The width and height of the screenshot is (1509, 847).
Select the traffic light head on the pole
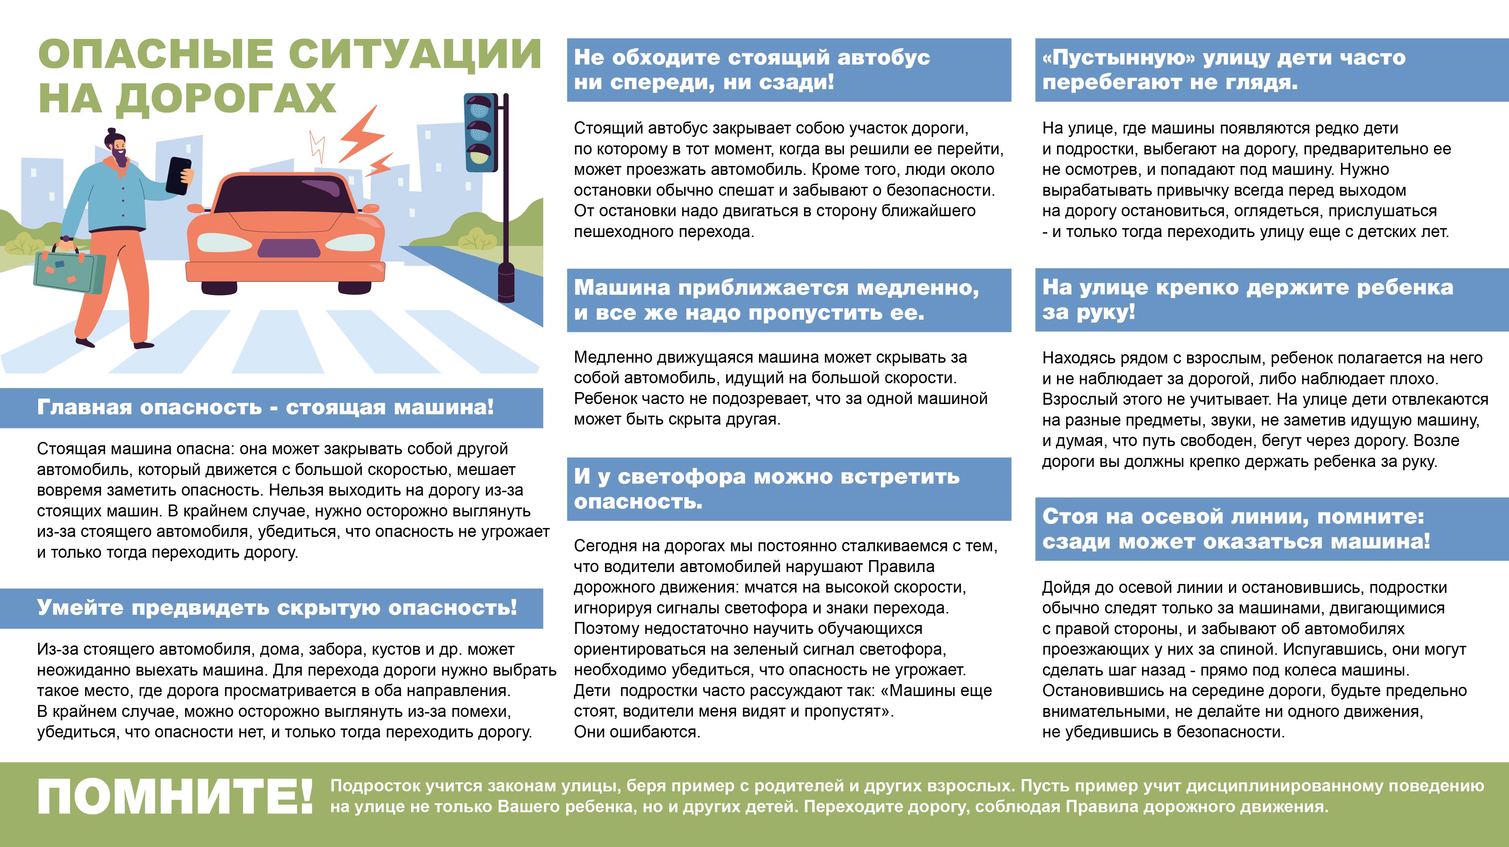click(480, 133)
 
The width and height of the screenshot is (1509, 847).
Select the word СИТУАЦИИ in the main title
click(415, 54)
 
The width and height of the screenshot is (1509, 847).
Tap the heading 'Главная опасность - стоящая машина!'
click(265, 407)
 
